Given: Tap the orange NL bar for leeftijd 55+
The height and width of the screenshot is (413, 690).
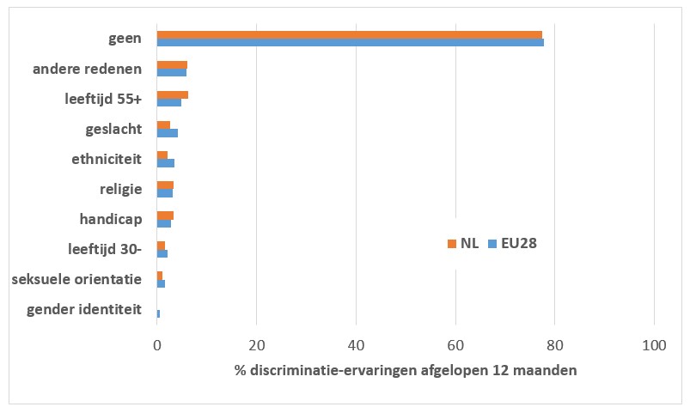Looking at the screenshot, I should (172, 95).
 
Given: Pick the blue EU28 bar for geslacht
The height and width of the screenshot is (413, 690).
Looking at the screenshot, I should (167, 133).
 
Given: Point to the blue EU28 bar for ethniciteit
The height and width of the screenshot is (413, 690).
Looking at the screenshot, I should (165, 162).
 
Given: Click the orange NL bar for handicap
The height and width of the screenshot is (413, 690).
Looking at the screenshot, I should (165, 216).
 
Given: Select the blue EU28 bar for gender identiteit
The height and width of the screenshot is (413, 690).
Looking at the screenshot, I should (158, 313).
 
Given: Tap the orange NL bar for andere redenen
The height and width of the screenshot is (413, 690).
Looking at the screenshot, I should (172, 65).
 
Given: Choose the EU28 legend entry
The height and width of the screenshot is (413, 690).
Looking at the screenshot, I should (513, 243).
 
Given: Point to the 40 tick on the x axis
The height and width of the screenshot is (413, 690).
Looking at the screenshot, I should (356, 345).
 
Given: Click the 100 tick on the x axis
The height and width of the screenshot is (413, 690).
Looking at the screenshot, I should (655, 345).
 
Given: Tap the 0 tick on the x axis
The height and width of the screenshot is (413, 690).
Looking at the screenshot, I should (157, 345).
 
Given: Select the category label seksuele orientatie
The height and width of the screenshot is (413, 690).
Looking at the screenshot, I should (76, 279).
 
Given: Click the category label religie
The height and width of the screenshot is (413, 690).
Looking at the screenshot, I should (121, 189).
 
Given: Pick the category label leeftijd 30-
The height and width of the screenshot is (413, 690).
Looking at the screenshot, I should (105, 250).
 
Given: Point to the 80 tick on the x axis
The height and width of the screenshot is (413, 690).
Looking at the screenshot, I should (555, 345).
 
